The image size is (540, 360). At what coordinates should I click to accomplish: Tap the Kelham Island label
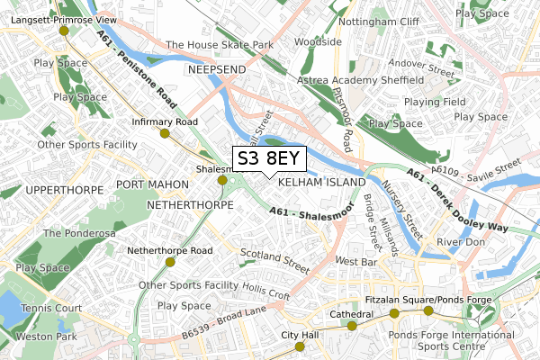tap(322, 182)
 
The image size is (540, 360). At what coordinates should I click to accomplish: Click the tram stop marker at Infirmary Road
tap(164, 133)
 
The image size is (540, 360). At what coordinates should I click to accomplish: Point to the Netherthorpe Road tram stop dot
tap(170, 262)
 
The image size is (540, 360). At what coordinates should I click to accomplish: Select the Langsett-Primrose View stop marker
tap(63, 31)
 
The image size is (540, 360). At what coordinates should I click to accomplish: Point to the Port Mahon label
tap(152, 184)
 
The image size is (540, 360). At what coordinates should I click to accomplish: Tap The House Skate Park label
tap(220, 44)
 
